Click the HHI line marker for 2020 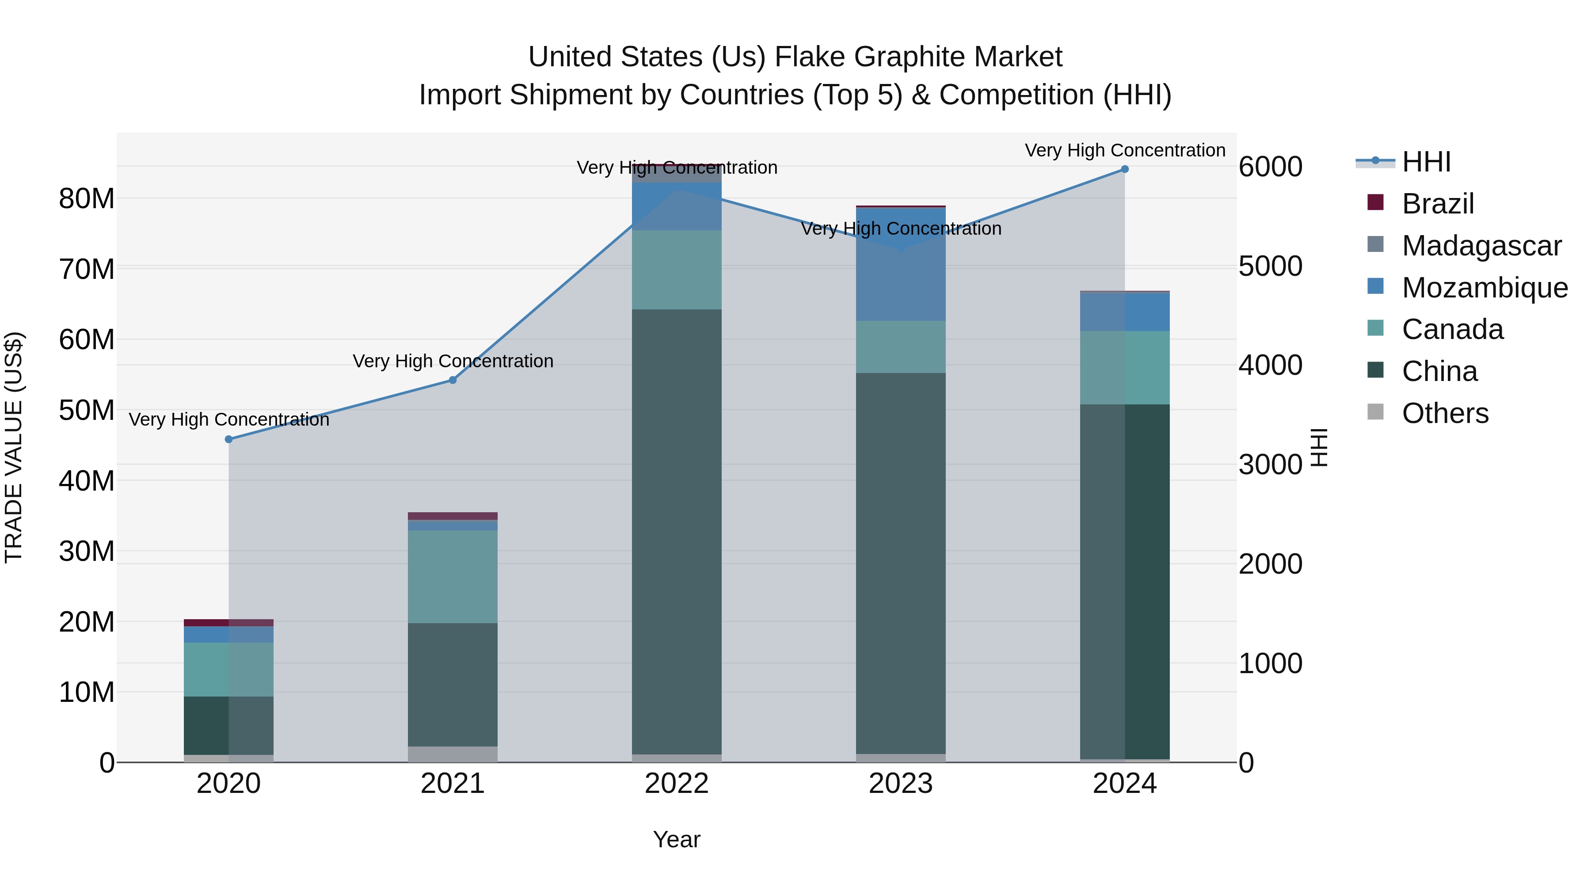[x=228, y=439]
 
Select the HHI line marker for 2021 [x=453, y=380]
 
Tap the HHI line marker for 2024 [x=1125, y=169]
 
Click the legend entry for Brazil [x=1438, y=204]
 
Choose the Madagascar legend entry [x=1481, y=246]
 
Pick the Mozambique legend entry [x=1484, y=288]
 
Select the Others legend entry [x=1445, y=413]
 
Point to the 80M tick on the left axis [x=87, y=199]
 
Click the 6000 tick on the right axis [x=1271, y=167]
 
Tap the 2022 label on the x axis [x=676, y=784]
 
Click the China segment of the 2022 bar [x=676, y=531]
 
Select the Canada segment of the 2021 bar [x=453, y=576]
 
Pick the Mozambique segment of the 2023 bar [x=901, y=264]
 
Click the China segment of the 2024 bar [x=1125, y=581]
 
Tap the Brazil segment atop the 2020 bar [x=228, y=623]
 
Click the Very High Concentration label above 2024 [x=1125, y=150]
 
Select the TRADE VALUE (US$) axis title [x=14, y=447]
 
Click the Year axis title [x=676, y=839]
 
